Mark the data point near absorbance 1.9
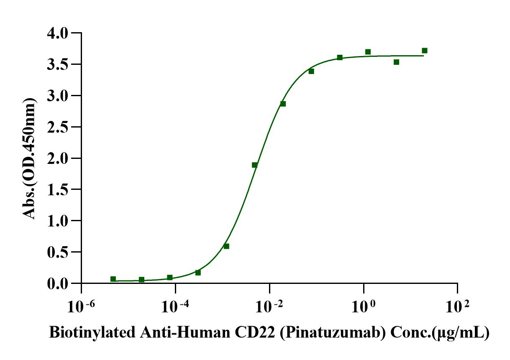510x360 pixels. point(254,165)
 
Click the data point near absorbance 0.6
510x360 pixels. point(226,246)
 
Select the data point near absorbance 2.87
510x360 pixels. point(283,104)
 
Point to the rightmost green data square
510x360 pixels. point(425,51)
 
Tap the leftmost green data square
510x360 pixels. point(113,279)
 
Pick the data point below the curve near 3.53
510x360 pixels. point(396,62)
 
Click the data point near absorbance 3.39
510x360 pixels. point(311,71)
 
